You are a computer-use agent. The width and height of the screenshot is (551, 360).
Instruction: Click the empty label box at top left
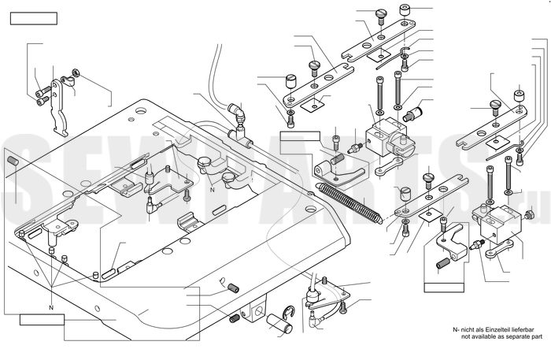click(35, 18)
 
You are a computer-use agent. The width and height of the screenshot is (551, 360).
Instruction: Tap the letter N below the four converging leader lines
click(50, 306)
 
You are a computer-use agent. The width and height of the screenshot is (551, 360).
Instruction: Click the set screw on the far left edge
click(13, 161)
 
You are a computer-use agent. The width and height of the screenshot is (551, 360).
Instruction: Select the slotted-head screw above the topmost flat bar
click(381, 13)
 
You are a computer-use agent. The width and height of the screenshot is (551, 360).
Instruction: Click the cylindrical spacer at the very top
click(405, 10)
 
